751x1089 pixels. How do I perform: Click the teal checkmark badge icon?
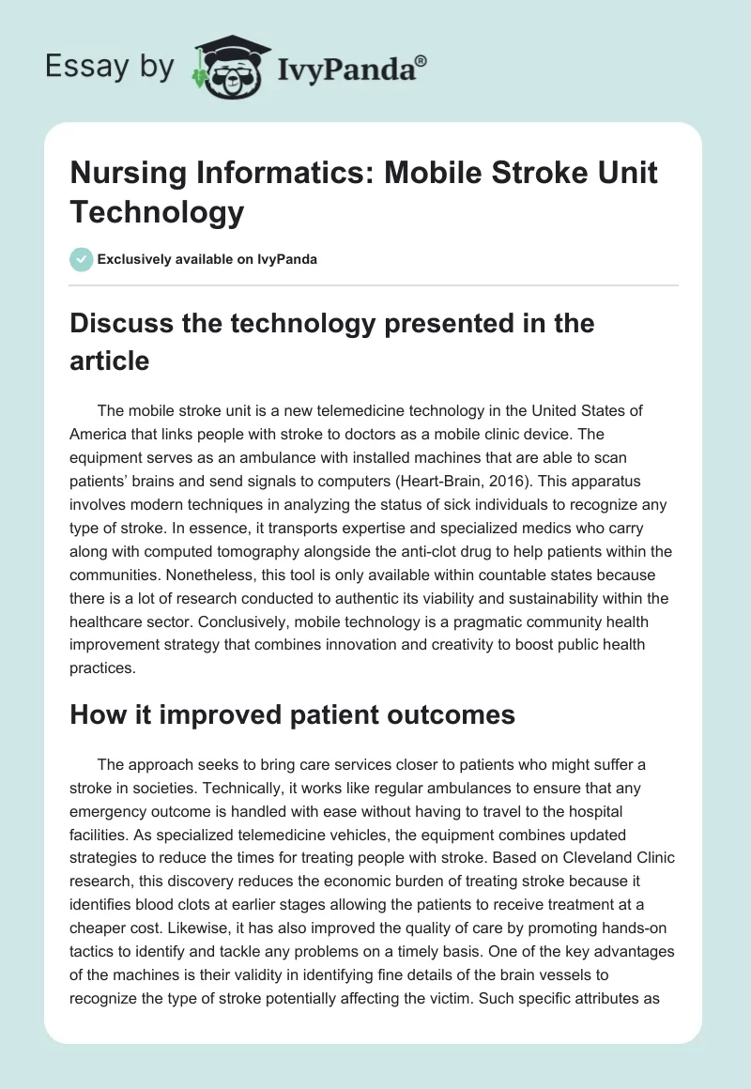click(82, 259)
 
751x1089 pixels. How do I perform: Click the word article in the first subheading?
click(110, 360)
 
